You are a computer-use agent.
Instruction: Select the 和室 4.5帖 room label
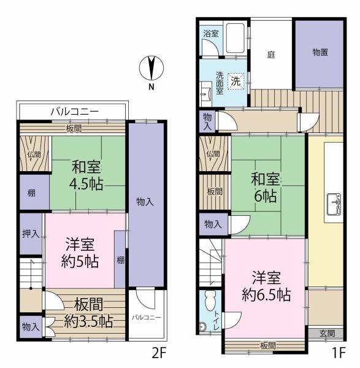click(x=87, y=174)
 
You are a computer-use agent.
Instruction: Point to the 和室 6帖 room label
click(x=265, y=188)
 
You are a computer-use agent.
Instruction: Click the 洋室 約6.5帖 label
click(x=265, y=286)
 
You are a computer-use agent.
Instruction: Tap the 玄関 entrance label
click(x=327, y=334)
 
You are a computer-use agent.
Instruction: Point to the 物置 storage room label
click(x=320, y=53)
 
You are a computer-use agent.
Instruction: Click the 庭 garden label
click(x=270, y=54)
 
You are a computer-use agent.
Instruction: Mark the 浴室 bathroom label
click(x=210, y=34)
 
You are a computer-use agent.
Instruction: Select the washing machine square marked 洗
click(x=236, y=80)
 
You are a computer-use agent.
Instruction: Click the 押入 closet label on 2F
click(x=29, y=233)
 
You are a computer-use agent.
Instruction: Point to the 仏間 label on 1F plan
click(x=213, y=153)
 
